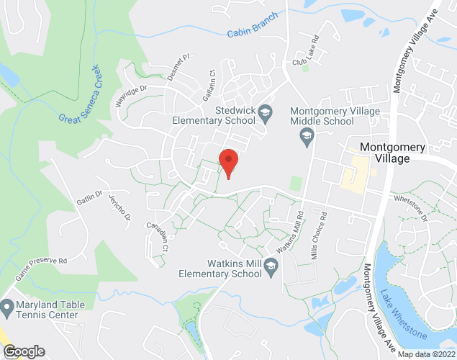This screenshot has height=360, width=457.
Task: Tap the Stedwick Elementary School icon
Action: tap(266, 112)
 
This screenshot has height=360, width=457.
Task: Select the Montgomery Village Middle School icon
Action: tap(307, 136)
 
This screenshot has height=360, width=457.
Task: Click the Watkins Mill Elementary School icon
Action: tap(271, 267)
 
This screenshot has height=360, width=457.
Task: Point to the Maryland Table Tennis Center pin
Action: tap(7, 307)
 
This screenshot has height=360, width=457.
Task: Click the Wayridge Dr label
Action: tap(131, 96)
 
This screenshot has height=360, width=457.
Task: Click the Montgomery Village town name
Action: tap(394, 153)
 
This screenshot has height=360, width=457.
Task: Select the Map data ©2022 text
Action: tap(426, 354)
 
